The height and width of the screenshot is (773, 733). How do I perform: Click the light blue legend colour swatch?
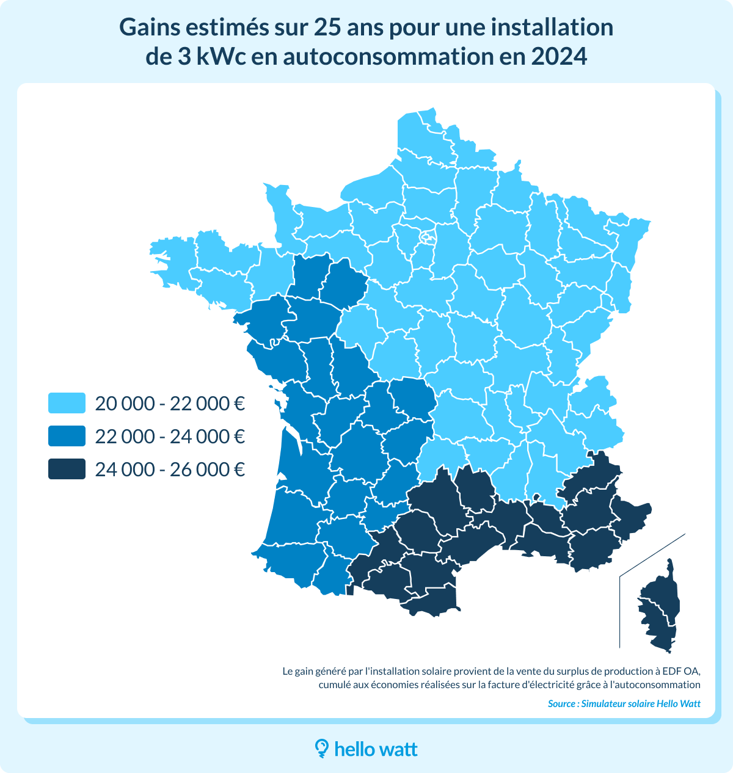(x=67, y=403)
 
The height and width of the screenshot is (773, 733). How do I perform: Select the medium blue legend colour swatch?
(x=67, y=436)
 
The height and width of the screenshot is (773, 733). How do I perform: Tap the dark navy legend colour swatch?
(x=67, y=469)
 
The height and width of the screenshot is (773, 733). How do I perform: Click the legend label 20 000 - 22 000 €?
(x=170, y=403)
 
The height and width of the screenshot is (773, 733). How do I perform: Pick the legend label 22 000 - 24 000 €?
(x=170, y=436)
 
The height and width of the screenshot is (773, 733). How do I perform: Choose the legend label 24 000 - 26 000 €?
(x=170, y=469)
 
